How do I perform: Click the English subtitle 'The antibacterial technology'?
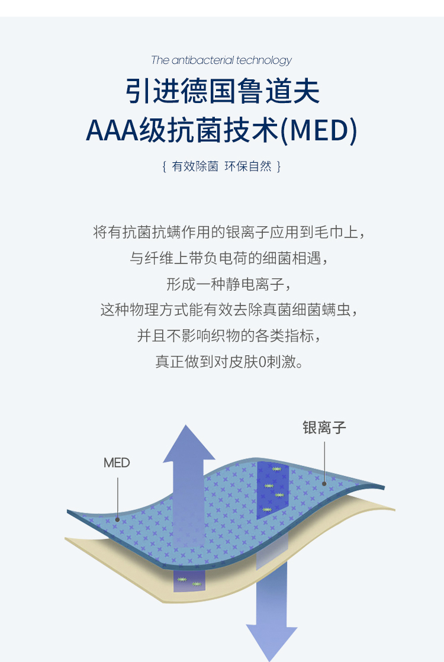coord(221,60)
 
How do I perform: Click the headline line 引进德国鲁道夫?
coord(223,91)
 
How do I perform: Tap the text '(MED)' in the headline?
coord(318,130)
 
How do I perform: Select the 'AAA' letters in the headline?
coord(112,130)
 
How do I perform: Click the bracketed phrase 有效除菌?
coord(195,166)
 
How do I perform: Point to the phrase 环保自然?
coord(248,166)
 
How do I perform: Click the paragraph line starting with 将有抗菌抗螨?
coord(229,232)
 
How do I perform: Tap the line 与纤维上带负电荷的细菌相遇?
coord(229,258)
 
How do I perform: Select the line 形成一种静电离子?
coord(229,284)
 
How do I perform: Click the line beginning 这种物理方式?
coord(229,310)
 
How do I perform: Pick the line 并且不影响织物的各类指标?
coord(229,336)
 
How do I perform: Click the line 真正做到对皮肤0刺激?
coord(229,362)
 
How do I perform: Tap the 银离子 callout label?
coord(324,428)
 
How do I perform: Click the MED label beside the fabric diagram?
coord(117,462)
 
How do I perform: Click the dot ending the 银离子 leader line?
coord(324,484)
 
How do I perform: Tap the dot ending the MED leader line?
coord(117,520)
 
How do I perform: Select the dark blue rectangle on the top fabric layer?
coord(273,490)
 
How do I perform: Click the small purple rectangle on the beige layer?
coord(189,581)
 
